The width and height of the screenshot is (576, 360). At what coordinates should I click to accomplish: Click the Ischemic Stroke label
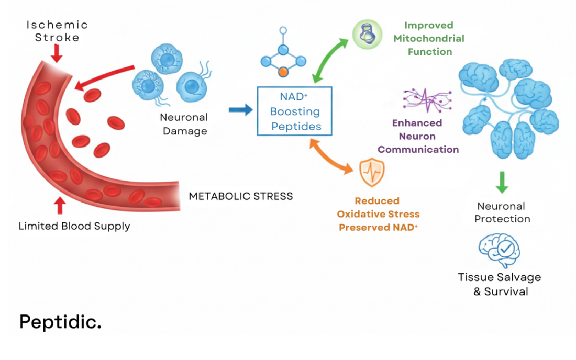pos(57,31)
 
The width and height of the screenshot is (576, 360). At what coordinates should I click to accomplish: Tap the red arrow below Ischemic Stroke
pos(57,53)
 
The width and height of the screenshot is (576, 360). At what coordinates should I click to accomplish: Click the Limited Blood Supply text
pos(74,226)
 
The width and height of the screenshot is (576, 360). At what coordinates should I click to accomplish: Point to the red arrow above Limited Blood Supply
pos(60,205)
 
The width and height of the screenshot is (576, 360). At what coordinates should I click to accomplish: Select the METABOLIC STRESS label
pos(240,196)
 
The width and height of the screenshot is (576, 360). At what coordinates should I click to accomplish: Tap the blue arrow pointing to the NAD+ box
pos(240,110)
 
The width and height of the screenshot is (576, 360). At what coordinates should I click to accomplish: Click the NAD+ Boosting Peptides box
pos(294,111)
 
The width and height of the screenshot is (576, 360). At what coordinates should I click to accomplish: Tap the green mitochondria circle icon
pos(367,35)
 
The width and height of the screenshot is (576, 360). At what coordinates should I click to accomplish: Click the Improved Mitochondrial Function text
pos(429,38)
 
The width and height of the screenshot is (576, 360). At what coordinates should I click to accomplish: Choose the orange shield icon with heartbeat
pos(371,172)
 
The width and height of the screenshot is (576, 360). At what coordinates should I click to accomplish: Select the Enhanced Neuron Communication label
pos(418,136)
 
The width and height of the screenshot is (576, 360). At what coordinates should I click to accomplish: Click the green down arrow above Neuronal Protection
pos(502,181)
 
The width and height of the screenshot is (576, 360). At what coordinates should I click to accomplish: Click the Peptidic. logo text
pos(60,322)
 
